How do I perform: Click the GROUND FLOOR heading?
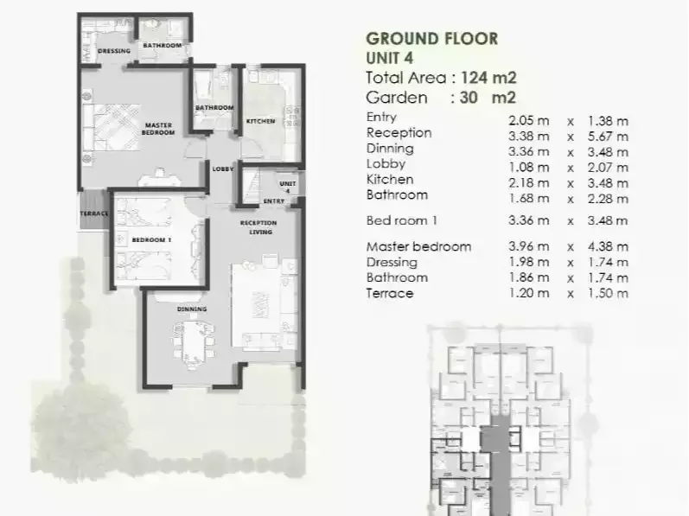(x=431, y=38)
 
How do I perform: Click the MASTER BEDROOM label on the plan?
(x=159, y=129)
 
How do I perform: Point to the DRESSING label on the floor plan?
(x=114, y=51)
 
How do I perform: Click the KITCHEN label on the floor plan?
(x=261, y=121)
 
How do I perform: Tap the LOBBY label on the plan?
(x=223, y=169)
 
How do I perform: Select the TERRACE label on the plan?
(x=93, y=213)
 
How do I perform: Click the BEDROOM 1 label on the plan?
(x=151, y=239)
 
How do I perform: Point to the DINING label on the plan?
(x=191, y=309)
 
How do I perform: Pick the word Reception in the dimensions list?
(x=399, y=133)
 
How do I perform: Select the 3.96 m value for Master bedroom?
(x=529, y=246)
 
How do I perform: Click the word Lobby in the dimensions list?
(x=386, y=164)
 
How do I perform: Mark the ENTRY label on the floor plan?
(x=274, y=201)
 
